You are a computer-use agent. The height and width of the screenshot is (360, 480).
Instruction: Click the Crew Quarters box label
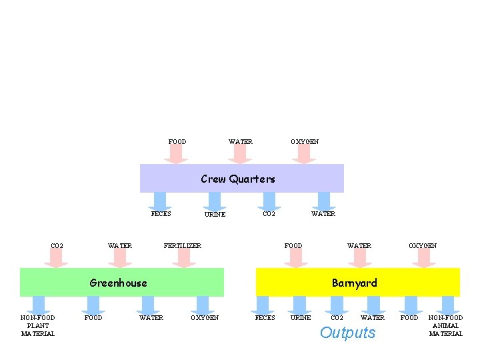(x=238, y=179)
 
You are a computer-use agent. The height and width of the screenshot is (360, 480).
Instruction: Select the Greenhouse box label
(x=118, y=283)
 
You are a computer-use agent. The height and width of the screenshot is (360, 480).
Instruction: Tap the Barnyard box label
(x=354, y=283)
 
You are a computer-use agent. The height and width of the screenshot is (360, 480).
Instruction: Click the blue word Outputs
(x=347, y=333)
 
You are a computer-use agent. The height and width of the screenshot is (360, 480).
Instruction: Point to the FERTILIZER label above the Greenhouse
(x=183, y=246)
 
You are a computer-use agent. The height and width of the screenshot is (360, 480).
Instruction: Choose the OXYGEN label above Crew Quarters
(x=305, y=141)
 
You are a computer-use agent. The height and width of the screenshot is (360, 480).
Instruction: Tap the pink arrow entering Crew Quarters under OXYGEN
(x=304, y=155)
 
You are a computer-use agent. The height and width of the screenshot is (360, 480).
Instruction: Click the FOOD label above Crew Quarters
(x=177, y=141)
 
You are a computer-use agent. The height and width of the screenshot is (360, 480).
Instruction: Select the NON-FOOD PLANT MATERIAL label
(x=38, y=325)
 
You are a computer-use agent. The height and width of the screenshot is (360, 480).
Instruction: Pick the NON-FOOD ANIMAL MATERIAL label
(x=445, y=325)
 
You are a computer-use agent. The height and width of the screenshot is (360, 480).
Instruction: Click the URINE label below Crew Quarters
(x=215, y=215)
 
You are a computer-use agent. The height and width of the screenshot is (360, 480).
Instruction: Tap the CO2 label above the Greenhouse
(x=57, y=246)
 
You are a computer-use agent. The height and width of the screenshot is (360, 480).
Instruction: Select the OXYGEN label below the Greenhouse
(x=205, y=318)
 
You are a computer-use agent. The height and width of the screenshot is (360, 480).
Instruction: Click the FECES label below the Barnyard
(x=265, y=318)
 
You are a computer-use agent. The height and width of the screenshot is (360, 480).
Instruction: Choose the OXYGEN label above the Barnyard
(x=423, y=246)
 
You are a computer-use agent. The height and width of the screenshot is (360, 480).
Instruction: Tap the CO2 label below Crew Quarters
(x=269, y=214)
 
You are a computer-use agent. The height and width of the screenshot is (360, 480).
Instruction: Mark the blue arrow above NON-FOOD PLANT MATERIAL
(x=39, y=305)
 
